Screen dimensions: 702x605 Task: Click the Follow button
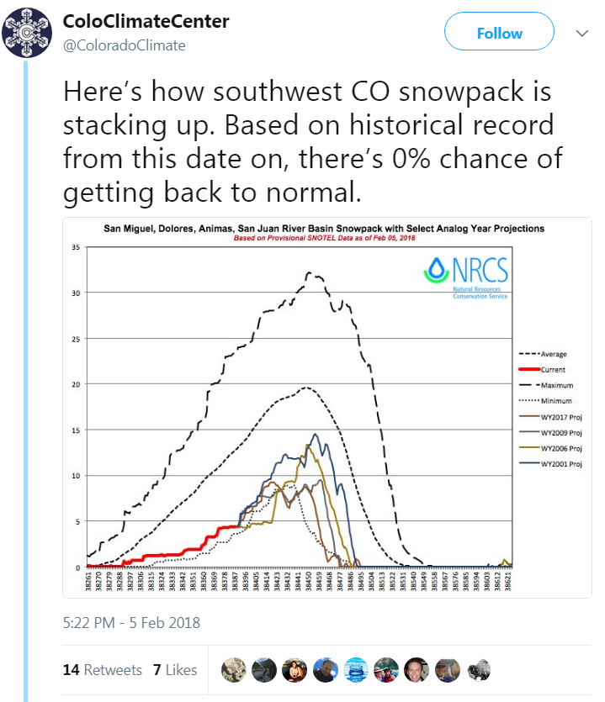coord(499,34)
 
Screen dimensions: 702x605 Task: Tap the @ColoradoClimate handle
coord(125,45)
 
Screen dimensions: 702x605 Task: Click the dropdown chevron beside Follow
coord(581,34)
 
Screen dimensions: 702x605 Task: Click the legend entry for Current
coord(545,369)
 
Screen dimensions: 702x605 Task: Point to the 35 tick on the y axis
coord(76,248)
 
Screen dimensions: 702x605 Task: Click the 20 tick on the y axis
coord(76,384)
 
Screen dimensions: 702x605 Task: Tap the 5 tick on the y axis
coord(77,521)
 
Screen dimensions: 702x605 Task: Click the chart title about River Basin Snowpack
coord(323,228)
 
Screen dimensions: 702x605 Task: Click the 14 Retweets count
coord(102,670)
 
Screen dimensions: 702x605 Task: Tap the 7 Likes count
coord(175,670)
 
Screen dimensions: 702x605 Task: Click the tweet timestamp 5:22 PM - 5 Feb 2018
coord(131,623)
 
